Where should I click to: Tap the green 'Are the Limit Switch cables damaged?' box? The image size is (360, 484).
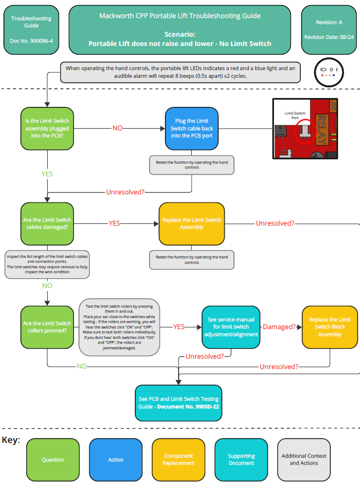(x=47, y=223)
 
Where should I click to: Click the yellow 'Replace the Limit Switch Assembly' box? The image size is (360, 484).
(x=191, y=223)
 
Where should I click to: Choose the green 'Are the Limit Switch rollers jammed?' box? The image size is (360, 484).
(x=47, y=327)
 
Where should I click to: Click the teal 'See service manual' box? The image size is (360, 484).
(x=230, y=327)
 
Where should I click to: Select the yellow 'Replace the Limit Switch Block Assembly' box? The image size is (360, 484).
(x=329, y=327)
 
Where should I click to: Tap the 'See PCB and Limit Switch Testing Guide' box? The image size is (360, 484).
(x=179, y=403)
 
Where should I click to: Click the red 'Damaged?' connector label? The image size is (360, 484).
(x=279, y=327)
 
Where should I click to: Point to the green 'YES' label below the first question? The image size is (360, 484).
(x=47, y=174)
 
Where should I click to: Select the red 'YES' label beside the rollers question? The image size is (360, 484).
(x=179, y=327)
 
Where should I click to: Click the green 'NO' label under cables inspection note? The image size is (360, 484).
(x=47, y=286)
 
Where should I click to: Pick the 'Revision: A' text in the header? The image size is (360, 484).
(x=329, y=22)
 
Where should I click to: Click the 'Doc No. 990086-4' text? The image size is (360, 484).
(x=31, y=41)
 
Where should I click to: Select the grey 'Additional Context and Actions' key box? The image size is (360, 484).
(x=304, y=459)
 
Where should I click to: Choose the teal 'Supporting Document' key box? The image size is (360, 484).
(x=241, y=459)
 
